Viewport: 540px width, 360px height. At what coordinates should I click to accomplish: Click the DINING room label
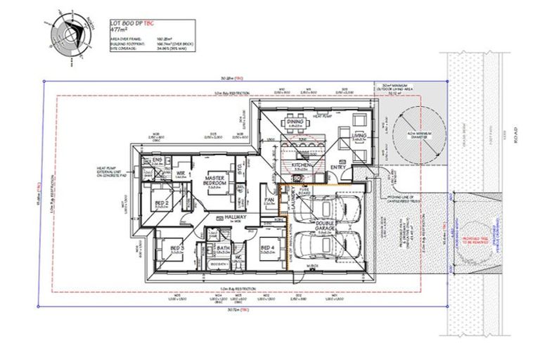click(294, 122)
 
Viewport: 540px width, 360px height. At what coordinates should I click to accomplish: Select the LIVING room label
click(359, 136)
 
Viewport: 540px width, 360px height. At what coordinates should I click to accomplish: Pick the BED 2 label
click(161, 203)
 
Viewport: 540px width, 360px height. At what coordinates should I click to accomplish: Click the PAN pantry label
click(269, 200)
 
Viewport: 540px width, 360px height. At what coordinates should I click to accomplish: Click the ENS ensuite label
click(157, 160)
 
